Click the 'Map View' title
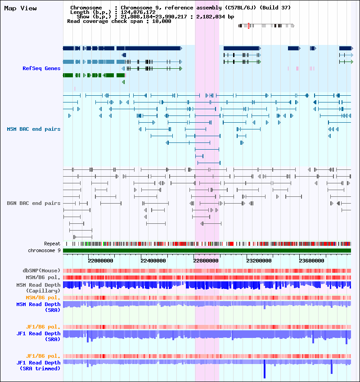[x=20, y=8]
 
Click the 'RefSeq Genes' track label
[x=41, y=68]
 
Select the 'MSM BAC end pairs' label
[x=33, y=129]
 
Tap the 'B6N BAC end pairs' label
[x=33, y=203]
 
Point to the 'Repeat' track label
[x=52, y=244]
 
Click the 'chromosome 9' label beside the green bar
[x=44, y=250]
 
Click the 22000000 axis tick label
[x=100, y=261]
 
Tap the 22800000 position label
[x=206, y=261]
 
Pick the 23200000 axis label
[x=259, y=261]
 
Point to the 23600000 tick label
[x=311, y=261]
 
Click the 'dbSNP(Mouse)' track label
[x=41, y=271]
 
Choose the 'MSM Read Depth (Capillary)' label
[x=38, y=288]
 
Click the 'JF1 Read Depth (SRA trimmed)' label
[x=38, y=365]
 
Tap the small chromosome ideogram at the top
[x=266, y=26]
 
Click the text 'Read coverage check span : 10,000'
[x=119, y=21]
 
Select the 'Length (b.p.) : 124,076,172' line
[x=112, y=12]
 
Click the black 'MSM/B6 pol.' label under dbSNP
[x=43, y=277]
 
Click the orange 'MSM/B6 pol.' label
[x=43, y=298]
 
